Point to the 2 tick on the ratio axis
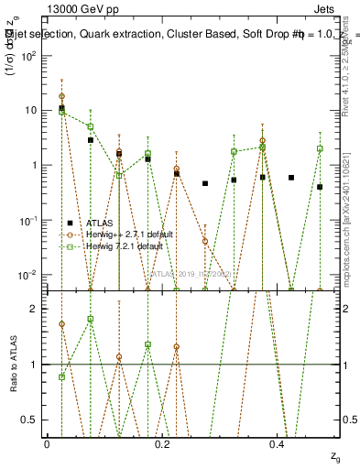pos(33,309)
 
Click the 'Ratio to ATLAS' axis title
pos(12,364)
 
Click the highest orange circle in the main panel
pos(61,96)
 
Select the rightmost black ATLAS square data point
pos(320,187)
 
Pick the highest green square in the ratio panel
pos(91,319)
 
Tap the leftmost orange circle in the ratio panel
pos(61,324)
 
